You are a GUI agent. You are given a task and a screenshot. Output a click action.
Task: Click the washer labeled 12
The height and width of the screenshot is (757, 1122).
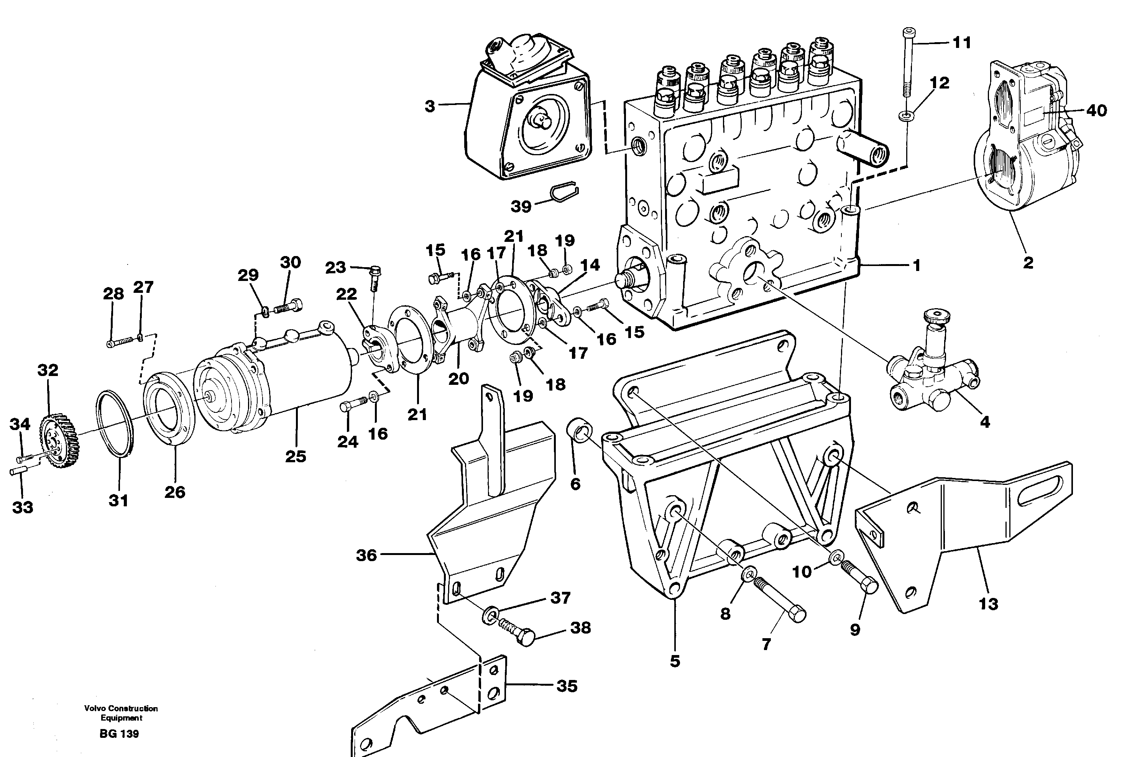pyautogui.click(x=906, y=116)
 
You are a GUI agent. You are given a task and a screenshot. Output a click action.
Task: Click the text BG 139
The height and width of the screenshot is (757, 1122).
pyautogui.click(x=119, y=734)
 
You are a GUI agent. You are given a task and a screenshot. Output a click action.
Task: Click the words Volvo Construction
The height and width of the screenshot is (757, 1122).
pyautogui.click(x=121, y=709)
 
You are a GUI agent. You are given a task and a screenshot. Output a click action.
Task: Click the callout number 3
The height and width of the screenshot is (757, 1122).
pyautogui.click(x=430, y=106)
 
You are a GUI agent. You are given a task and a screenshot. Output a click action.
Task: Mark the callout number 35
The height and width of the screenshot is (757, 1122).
pyautogui.click(x=567, y=686)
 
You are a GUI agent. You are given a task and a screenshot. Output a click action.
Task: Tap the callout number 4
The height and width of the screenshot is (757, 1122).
pyautogui.click(x=985, y=422)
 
